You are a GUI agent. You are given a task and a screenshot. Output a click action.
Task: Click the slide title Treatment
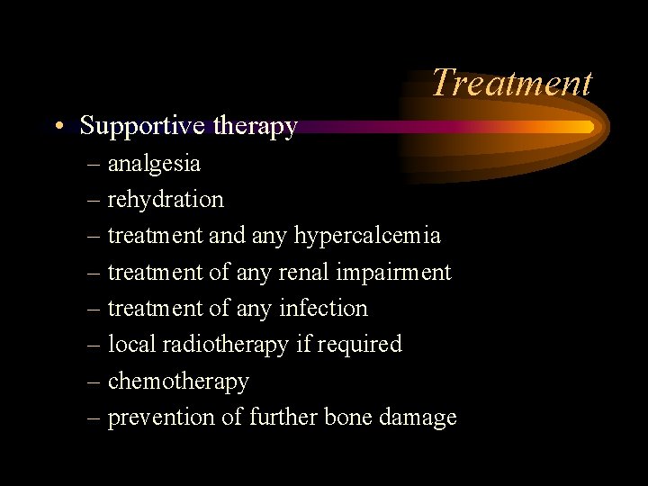tap(511, 82)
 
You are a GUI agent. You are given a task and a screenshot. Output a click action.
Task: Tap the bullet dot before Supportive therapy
tap(58, 127)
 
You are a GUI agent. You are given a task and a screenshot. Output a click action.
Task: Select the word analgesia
tap(154, 164)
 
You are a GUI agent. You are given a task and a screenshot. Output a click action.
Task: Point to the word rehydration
tap(166, 199)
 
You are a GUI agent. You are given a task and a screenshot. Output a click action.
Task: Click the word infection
tap(323, 308)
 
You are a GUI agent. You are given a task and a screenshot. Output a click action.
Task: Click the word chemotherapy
tap(178, 382)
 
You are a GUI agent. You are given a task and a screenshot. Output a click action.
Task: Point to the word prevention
tap(161, 418)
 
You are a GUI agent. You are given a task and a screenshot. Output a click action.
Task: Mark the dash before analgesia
tap(94, 165)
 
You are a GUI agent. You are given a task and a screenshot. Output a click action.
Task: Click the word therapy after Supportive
tap(255, 127)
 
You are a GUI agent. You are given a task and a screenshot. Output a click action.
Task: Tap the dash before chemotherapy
tap(94, 382)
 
